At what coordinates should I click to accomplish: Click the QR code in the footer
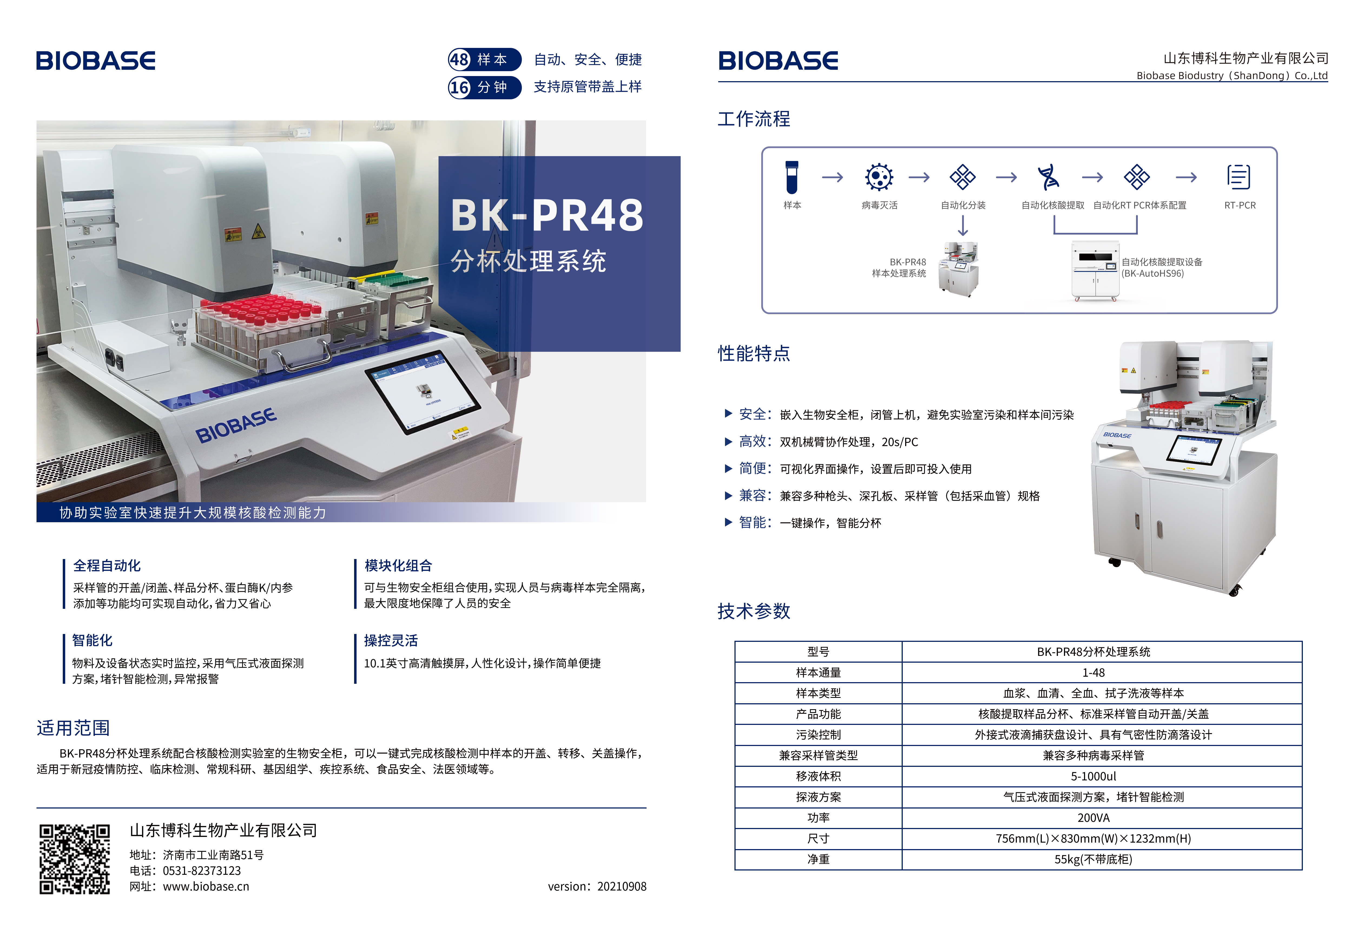click(74, 859)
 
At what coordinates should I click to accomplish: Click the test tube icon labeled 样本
click(792, 177)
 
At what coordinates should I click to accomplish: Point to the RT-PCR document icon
click(1239, 177)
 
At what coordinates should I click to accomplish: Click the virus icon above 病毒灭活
click(879, 177)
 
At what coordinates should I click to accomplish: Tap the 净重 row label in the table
click(818, 859)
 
